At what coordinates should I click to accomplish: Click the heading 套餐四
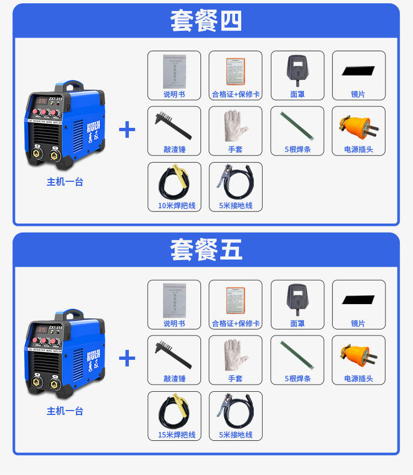(x=206, y=21)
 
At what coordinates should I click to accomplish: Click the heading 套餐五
(x=206, y=250)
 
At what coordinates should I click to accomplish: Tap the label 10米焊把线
(x=176, y=206)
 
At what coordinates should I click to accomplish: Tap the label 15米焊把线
(x=176, y=435)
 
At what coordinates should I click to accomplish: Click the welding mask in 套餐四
(x=297, y=70)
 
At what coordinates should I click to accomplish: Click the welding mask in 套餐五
(x=297, y=299)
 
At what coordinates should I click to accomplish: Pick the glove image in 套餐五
(x=236, y=354)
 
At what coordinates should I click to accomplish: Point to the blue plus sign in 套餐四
(x=127, y=130)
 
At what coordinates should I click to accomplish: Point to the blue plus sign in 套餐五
(x=127, y=359)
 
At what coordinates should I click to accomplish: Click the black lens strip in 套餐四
(x=358, y=71)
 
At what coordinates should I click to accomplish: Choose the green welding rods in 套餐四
(x=297, y=126)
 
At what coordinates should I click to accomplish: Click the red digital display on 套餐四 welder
(x=41, y=101)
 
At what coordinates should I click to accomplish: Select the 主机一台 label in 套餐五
(x=65, y=411)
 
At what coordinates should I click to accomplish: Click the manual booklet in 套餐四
(x=174, y=70)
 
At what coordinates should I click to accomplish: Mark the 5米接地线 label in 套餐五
(x=236, y=435)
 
